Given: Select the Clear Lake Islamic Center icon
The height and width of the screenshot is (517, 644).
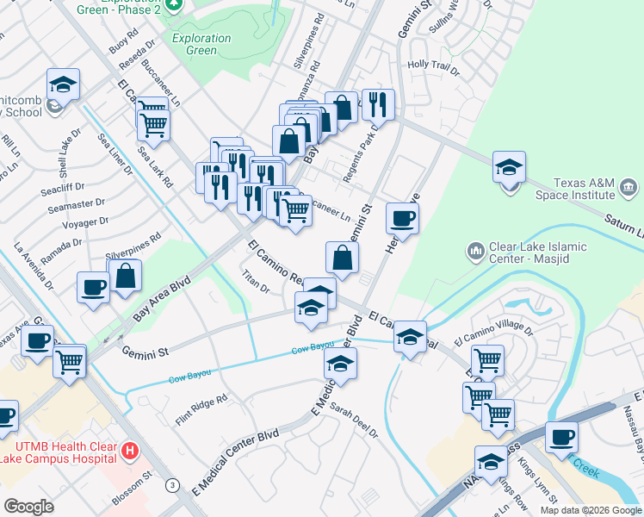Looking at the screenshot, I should coord(475,252).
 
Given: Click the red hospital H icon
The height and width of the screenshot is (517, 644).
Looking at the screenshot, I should coord(130,450).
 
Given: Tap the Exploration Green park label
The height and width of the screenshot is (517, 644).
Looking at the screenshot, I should coord(201,44).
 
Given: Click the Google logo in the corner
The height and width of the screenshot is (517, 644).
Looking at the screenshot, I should coord(28,507).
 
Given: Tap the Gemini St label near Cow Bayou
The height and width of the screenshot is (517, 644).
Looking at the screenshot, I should coord(144,352).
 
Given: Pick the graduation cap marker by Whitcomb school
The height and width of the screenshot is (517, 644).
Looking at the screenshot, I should coord(64,84).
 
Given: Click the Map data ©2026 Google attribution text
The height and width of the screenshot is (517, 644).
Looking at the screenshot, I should coord(591,509).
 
